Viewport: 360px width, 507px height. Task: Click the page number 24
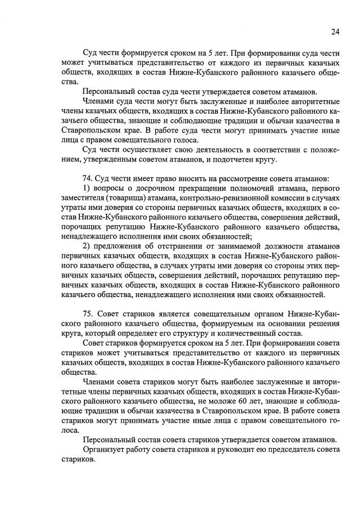[x=335, y=32]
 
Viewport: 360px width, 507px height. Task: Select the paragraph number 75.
[x=88, y=312]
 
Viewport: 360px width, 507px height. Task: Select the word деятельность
[x=192, y=150]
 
